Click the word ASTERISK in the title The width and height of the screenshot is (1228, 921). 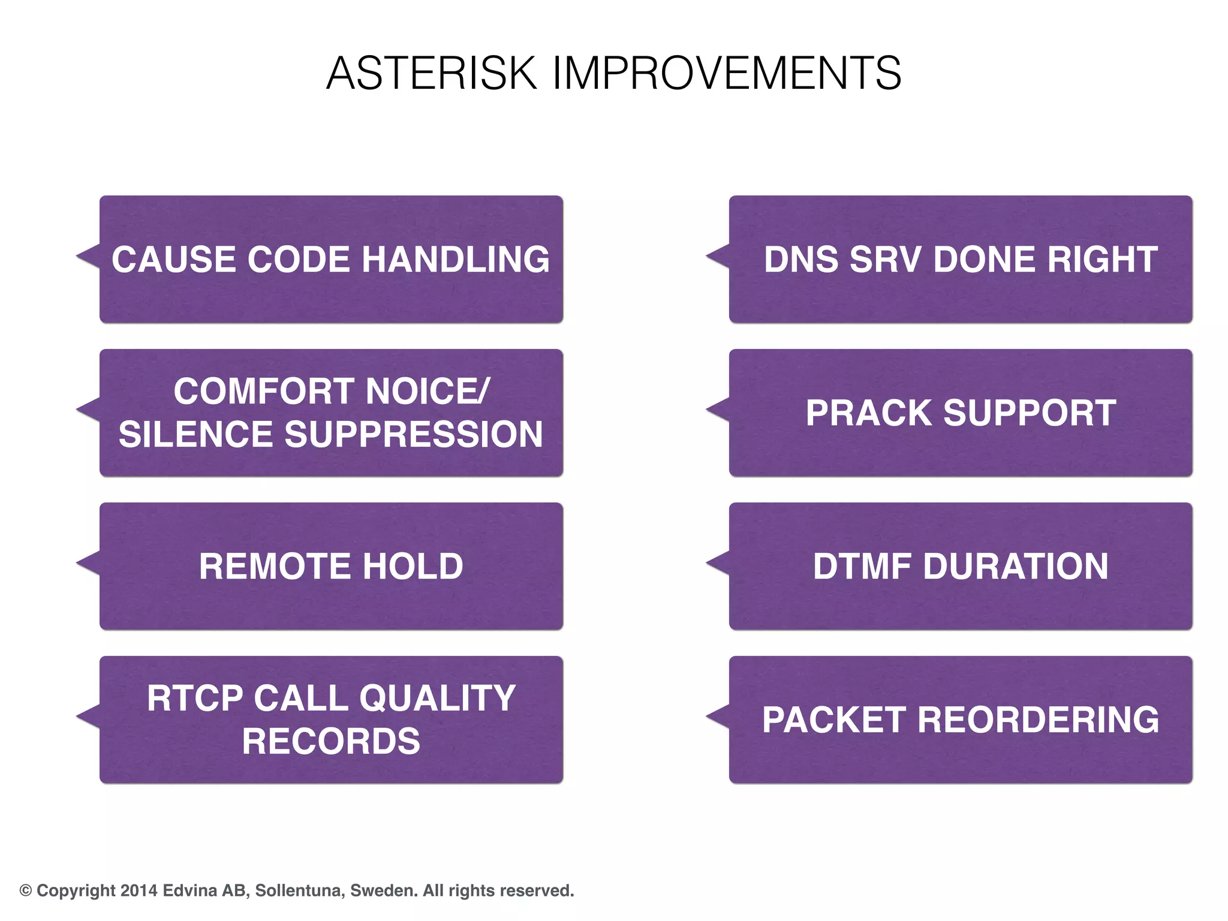point(431,73)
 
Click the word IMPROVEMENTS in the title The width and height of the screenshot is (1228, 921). point(726,73)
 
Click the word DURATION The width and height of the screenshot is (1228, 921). point(1015,567)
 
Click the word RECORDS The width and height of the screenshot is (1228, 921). point(331,742)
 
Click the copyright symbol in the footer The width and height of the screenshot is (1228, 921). point(26,891)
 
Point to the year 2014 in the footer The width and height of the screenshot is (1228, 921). point(139,891)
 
